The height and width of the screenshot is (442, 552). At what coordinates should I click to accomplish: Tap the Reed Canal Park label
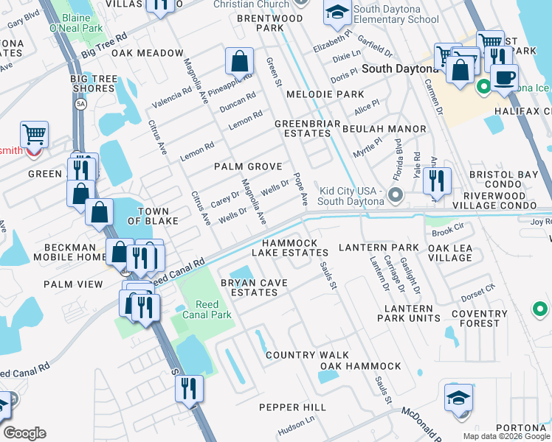coord(213,310)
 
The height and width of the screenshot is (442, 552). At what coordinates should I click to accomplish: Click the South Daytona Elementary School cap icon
coord(337,12)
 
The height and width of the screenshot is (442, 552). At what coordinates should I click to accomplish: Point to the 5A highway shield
coord(79,104)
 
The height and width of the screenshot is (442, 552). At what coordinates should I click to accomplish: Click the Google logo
coord(24,433)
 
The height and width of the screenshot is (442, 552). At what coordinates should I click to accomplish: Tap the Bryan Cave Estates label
coord(244,287)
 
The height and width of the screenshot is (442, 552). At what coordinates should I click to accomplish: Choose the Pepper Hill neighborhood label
coord(292,407)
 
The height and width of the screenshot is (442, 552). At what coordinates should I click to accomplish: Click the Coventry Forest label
coord(480,318)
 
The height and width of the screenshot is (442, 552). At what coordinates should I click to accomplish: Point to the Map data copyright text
coord(506,435)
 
